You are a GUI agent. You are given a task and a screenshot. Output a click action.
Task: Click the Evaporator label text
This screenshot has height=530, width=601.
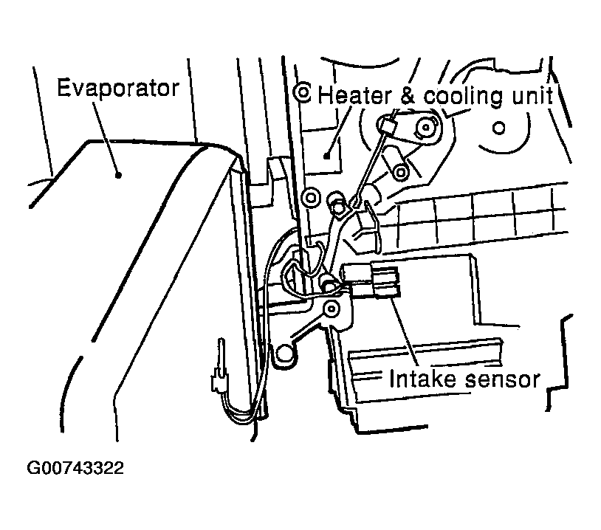118,89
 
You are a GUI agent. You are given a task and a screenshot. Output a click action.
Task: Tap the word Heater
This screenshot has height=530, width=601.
355,95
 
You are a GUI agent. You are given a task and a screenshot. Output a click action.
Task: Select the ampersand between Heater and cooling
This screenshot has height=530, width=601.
408,96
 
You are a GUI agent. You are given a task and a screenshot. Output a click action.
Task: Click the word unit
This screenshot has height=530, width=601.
532,96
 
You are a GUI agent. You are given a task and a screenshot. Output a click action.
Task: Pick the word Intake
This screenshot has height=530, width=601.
423,379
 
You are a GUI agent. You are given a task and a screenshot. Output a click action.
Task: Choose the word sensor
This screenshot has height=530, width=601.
503,379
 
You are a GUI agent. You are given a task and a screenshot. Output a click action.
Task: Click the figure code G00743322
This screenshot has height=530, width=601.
75,468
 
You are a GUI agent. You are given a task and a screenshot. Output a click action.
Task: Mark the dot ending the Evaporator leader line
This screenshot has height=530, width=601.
119,175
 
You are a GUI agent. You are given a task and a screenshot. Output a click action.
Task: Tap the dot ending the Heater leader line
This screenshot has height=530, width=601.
326,156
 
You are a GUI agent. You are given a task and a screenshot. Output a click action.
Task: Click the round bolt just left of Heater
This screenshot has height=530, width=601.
302,92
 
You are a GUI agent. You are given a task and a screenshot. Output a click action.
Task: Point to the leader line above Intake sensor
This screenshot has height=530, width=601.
405,331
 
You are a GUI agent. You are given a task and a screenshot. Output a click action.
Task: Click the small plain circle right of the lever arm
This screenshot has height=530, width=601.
498,128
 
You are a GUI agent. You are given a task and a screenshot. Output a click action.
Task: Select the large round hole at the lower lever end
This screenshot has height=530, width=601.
284,353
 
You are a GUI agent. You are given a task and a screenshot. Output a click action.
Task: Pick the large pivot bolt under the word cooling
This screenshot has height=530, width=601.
426,126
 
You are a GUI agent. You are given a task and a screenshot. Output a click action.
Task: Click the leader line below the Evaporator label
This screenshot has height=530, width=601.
106,139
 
